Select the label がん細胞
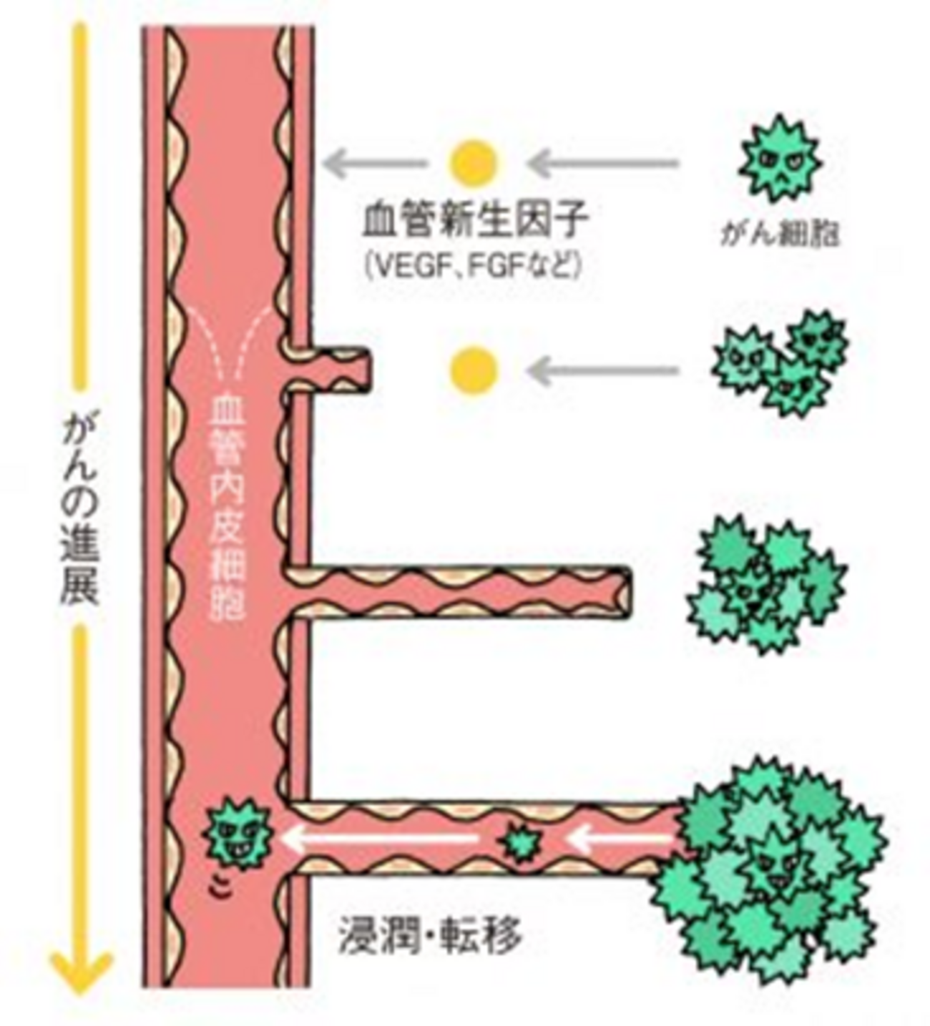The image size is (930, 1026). (778, 234)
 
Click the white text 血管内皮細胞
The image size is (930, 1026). (229, 508)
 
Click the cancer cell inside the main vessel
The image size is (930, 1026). (237, 834)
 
